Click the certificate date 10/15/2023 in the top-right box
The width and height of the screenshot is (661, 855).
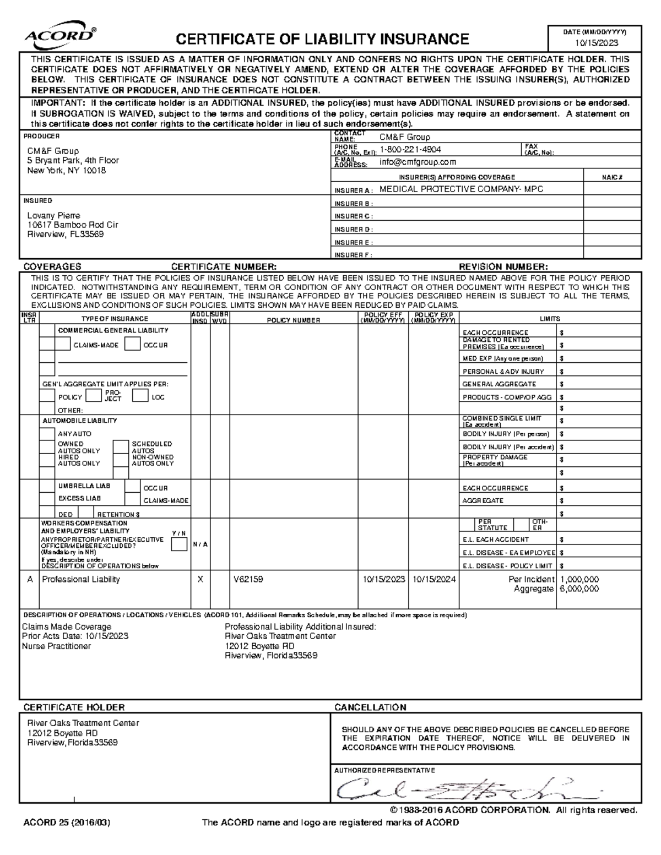pyautogui.click(x=597, y=43)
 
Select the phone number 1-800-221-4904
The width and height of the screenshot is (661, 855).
pyautogui.click(x=410, y=150)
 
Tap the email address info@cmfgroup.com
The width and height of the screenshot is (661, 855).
pyautogui.click(x=418, y=162)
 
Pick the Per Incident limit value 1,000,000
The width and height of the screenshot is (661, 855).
pyautogui.click(x=579, y=580)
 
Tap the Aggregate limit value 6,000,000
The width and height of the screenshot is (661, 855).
pyautogui.click(x=579, y=589)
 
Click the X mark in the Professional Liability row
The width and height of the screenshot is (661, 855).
pyautogui.click(x=201, y=580)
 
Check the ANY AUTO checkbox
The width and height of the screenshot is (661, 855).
pyautogui.click(x=47, y=434)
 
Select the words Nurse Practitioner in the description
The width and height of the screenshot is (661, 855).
pyautogui.click(x=56, y=646)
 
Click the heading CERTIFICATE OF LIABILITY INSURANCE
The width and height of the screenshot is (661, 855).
pyautogui.click(x=322, y=39)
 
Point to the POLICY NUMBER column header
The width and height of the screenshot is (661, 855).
pyautogui.click(x=294, y=320)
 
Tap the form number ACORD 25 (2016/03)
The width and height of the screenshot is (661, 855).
pyautogui.click(x=67, y=823)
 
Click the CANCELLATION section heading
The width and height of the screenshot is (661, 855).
pyautogui.click(x=370, y=707)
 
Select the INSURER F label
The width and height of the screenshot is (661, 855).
pyautogui.click(x=353, y=255)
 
